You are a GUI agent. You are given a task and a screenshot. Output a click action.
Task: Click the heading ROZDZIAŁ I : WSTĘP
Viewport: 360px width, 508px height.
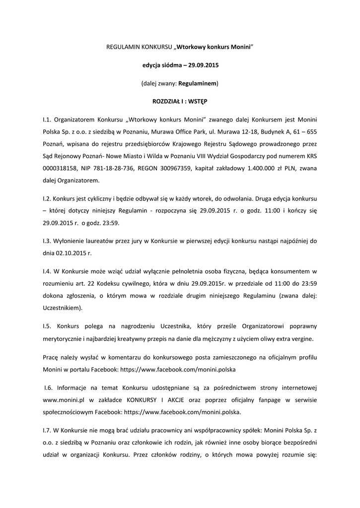(180, 101)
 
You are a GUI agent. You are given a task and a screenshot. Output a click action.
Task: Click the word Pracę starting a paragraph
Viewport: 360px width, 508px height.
(51, 357)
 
